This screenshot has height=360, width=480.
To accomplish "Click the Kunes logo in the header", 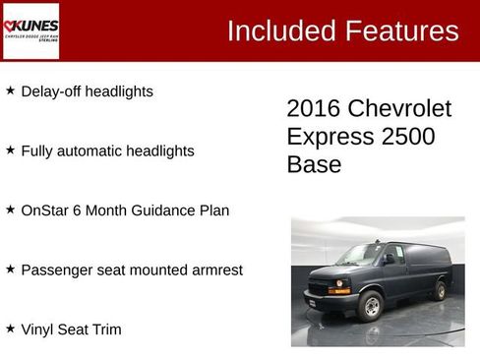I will tap(30, 30).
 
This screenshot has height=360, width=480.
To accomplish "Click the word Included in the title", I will tap(279, 30).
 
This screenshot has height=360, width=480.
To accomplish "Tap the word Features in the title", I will tap(400, 30).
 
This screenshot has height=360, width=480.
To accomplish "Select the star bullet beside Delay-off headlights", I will tap(10, 90).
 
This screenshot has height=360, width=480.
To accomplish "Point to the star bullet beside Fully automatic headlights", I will tap(10, 150).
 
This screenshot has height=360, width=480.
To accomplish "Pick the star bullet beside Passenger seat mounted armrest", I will tap(10, 269).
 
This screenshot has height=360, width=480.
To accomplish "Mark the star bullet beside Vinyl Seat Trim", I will tap(10, 329).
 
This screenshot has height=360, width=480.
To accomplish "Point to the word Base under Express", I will tap(314, 164).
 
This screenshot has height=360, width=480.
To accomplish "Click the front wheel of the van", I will tap(371, 307).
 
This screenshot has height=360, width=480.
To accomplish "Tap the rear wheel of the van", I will tap(439, 290).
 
